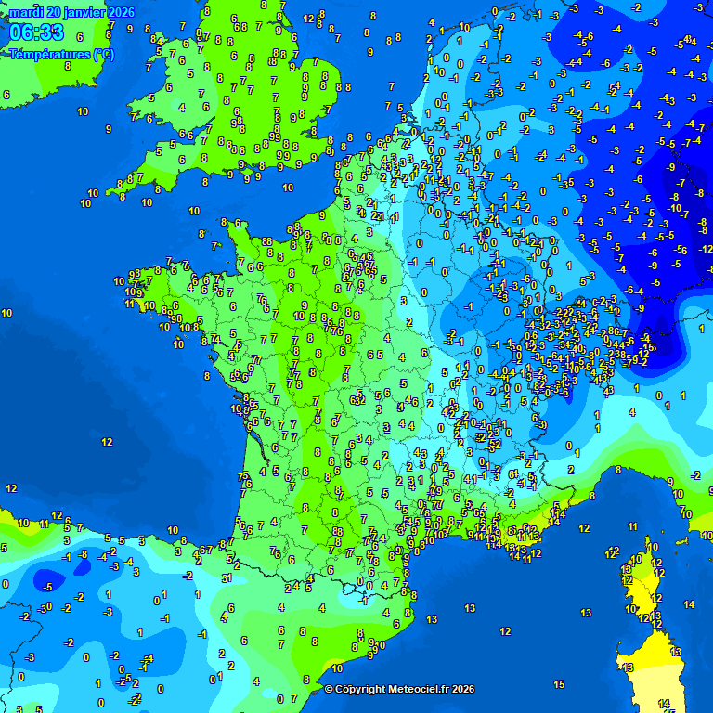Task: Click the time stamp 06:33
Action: point(37,33)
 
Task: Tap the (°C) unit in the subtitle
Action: point(104,55)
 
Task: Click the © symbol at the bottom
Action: point(329,689)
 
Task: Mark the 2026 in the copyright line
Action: point(462,689)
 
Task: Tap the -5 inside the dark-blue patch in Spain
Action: point(47,587)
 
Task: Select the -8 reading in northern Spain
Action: point(83,554)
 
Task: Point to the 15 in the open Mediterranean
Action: point(559,684)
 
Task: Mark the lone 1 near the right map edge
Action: point(701,329)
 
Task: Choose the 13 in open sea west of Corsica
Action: point(586,613)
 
